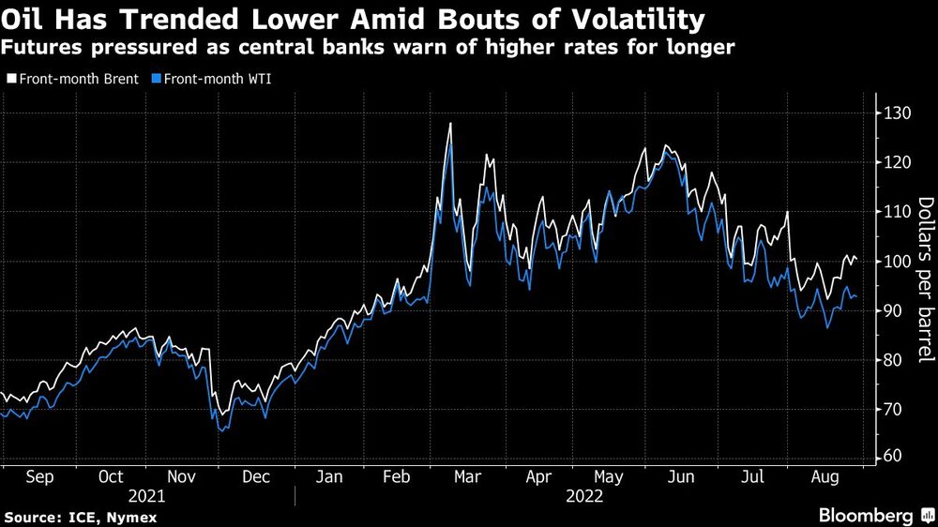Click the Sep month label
[40, 476]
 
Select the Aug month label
[825, 476]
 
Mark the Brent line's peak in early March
[451, 123]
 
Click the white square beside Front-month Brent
[10, 79]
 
